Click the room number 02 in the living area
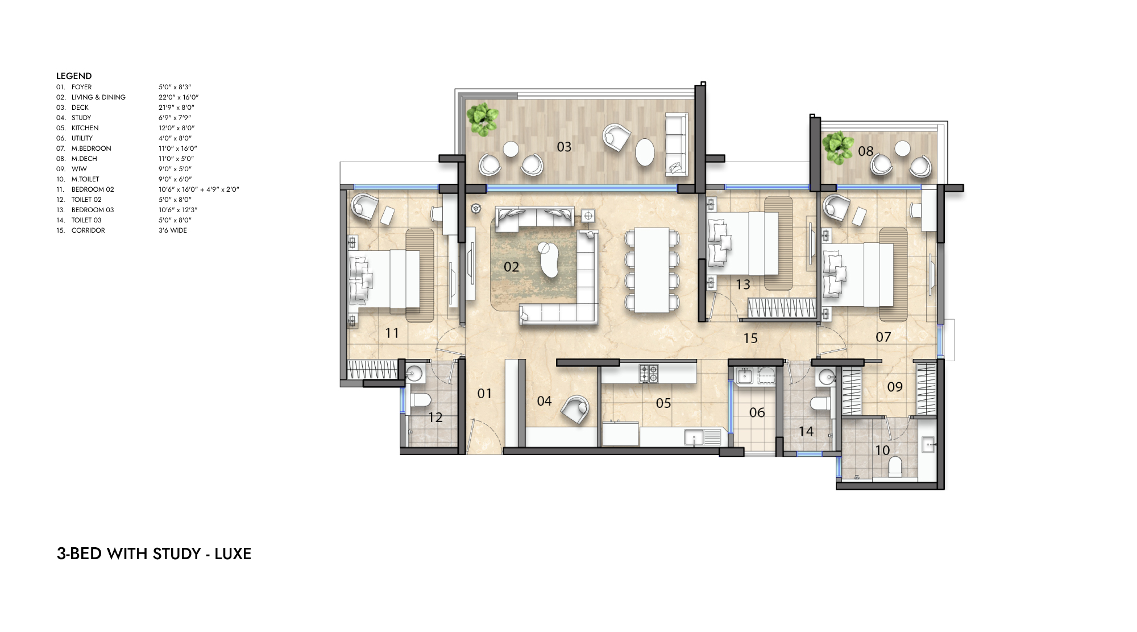pos(511,267)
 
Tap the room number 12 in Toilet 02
pos(435,418)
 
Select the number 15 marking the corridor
pos(750,338)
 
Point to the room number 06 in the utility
pos(757,412)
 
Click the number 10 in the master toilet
pos(882,451)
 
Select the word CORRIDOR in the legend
pos(88,230)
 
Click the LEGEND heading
pos(74,76)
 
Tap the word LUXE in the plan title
pos(233,553)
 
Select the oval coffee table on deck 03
pos(646,152)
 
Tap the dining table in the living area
pos(652,270)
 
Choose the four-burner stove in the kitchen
pos(648,373)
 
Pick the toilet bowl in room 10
pos(895,466)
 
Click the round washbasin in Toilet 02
pos(414,374)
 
